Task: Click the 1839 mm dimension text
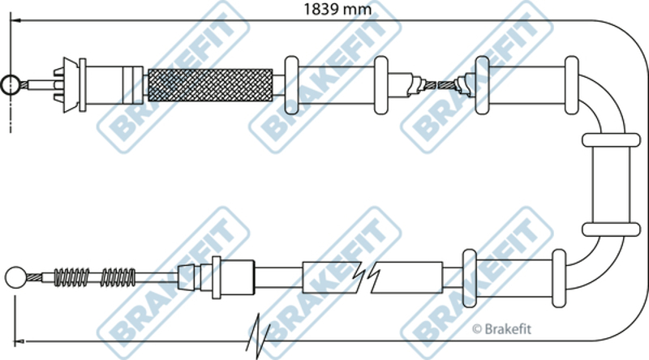337,9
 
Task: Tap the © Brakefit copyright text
501,329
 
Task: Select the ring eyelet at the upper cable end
9,84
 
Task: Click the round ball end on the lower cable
15,277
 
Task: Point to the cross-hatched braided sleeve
210,85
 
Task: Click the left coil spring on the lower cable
71,277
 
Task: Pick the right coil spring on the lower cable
118,277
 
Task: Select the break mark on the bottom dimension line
258,336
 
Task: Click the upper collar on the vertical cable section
611,139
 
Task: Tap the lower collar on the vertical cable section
611,229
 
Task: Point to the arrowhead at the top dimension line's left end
15,19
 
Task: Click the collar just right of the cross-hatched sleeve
291,85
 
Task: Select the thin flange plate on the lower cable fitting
216,277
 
